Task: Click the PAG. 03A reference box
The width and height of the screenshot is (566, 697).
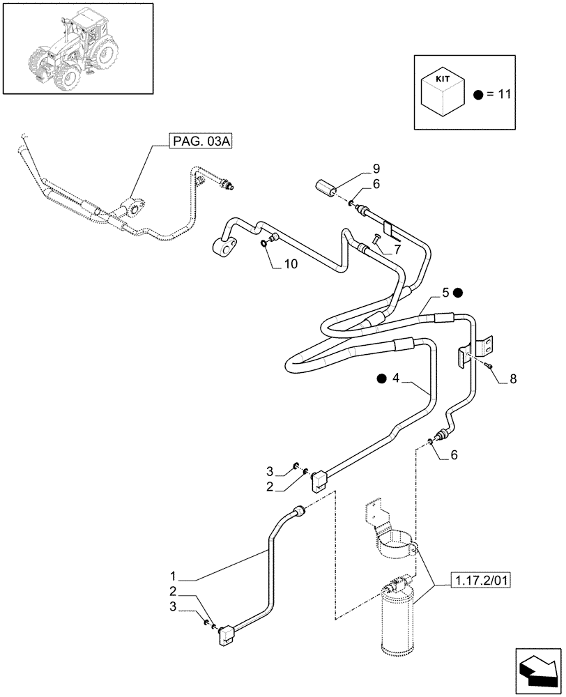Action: (x=201, y=142)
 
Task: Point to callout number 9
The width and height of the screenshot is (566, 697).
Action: (x=376, y=168)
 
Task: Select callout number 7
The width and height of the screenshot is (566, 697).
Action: (x=397, y=249)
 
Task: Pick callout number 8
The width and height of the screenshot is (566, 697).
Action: (x=513, y=379)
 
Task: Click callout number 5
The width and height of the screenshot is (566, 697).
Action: (x=444, y=292)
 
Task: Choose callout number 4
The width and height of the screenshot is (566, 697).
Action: (x=395, y=378)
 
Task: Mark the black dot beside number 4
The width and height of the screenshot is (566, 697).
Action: (x=381, y=378)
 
